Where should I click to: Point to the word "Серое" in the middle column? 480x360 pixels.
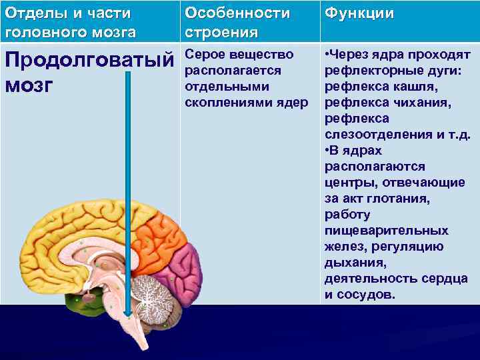click(x=204, y=54)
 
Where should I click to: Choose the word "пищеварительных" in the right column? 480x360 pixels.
click(x=386, y=230)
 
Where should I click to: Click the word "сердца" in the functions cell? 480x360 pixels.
click(x=444, y=278)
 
